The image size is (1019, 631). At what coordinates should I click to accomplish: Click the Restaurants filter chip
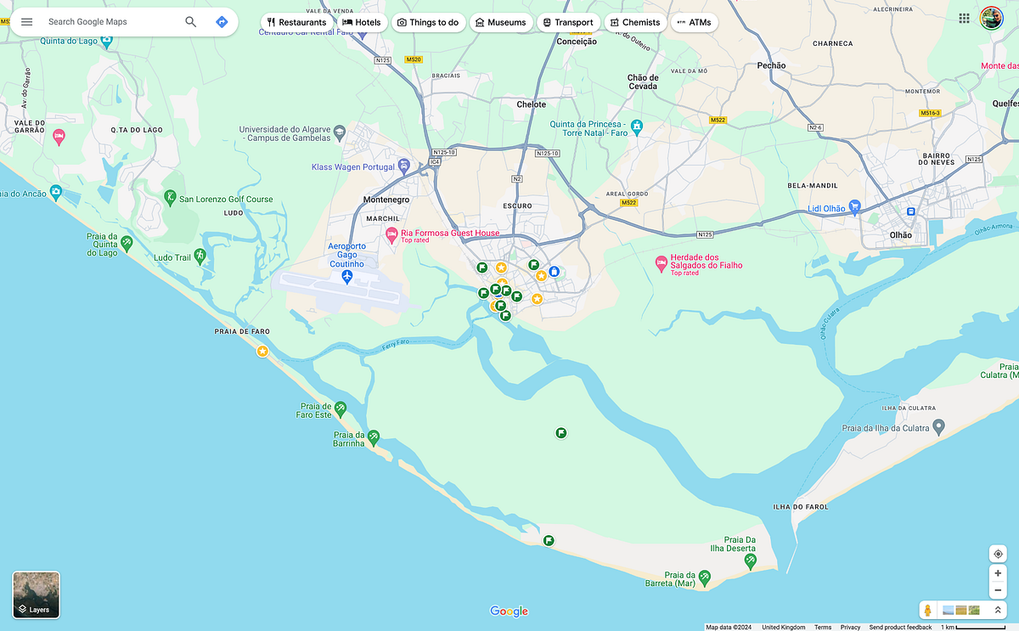click(x=296, y=22)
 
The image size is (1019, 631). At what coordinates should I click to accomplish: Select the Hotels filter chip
click(x=361, y=22)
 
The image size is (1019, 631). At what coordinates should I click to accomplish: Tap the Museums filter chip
click(x=500, y=22)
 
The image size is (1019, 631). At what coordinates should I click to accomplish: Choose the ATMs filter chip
click(x=694, y=22)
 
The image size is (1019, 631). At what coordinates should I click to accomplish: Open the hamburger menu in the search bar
click(x=26, y=21)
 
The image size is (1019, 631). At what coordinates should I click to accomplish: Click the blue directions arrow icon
click(x=222, y=21)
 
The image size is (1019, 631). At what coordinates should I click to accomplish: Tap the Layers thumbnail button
click(x=37, y=594)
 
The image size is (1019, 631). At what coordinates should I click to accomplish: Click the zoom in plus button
click(x=998, y=573)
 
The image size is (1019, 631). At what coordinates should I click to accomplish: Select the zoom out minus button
click(x=998, y=590)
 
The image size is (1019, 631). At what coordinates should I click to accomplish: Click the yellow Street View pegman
click(x=928, y=610)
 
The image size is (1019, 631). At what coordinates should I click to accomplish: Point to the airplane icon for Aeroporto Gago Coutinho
click(x=347, y=279)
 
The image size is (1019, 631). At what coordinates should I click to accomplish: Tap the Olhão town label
click(x=900, y=235)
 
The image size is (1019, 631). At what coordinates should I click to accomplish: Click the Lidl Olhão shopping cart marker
click(x=855, y=206)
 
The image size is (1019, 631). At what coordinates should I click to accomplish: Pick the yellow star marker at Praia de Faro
click(x=262, y=351)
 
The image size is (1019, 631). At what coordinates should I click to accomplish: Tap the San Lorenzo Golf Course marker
click(x=170, y=198)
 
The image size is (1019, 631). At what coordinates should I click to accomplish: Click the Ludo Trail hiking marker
click(x=200, y=255)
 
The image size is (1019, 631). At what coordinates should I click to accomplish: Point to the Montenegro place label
click(x=386, y=200)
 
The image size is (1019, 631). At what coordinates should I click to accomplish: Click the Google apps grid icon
click(x=964, y=18)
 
